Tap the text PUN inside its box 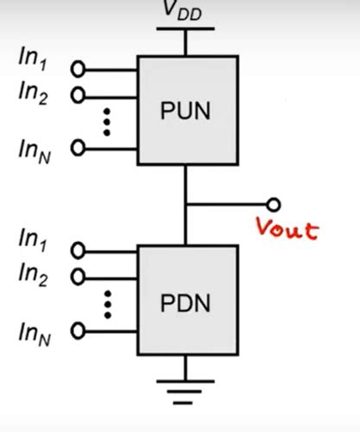pyautogui.click(x=186, y=111)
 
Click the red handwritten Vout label pyautogui.click(x=287, y=230)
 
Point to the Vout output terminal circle pyautogui.click(x=274, y=205)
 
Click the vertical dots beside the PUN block pyautogui.click(x=107, y=121)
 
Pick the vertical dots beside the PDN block pyautogui.click(x=107, y=303)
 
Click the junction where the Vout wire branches pyautogui.click(x=186, y=205)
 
